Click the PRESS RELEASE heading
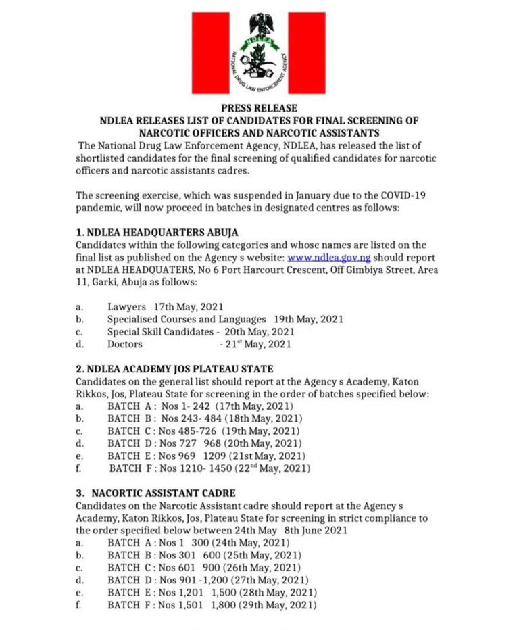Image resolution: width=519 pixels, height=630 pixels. [259, 108]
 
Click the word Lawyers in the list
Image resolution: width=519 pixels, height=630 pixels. [126, 307]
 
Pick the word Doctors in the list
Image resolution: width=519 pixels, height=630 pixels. [125, 344]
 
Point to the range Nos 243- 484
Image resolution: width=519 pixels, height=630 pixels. [195, 418]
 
